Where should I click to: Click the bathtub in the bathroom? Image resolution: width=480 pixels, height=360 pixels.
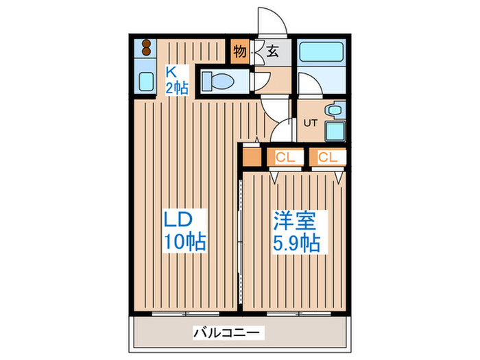(322, 54)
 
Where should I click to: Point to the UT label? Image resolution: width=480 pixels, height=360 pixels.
(309, 124)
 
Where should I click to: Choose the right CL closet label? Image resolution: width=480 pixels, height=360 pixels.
(327, 157)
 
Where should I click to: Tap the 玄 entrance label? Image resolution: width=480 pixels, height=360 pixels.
(272, 51)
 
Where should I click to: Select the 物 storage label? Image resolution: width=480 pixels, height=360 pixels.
(239, 51)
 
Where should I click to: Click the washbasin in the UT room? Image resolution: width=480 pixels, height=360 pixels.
(335, 109)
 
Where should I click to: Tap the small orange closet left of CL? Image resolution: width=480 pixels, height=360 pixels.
(250, 157)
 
